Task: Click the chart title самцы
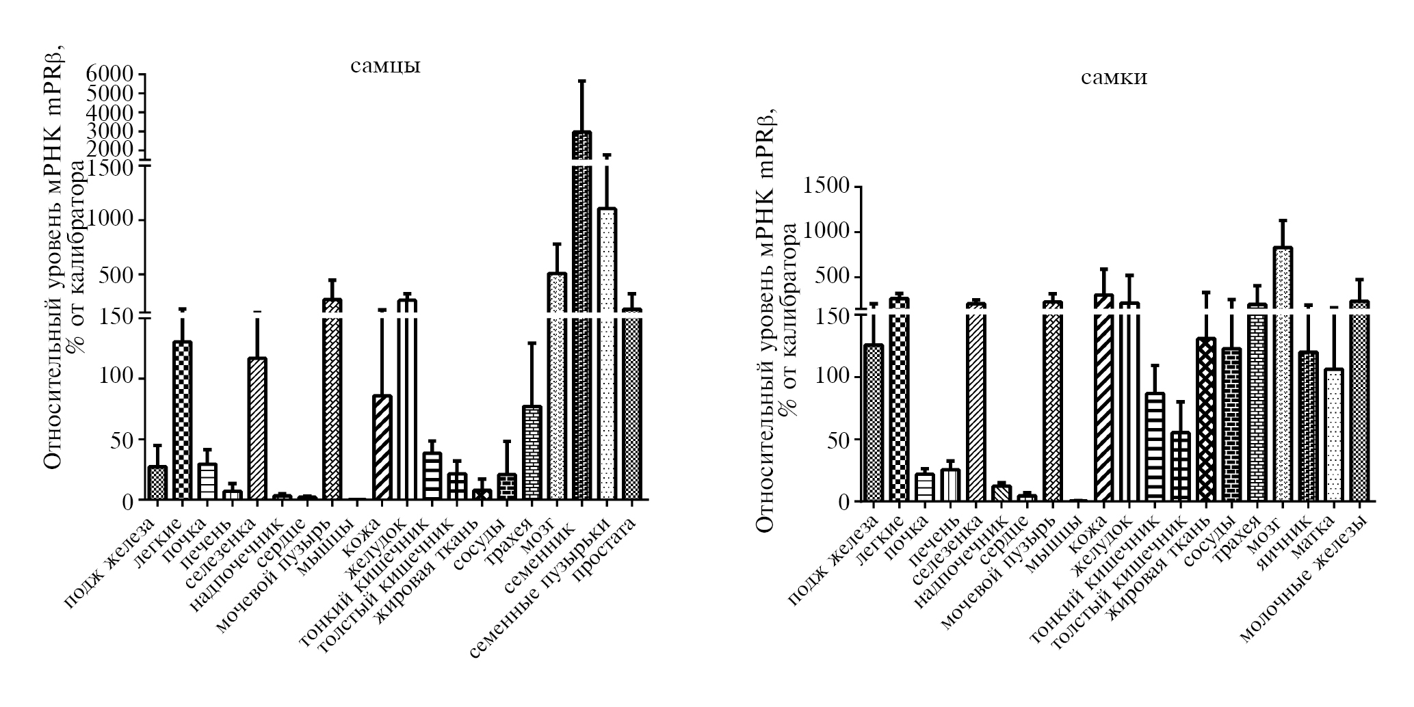385,66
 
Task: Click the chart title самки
1114,78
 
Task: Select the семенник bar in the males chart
581,315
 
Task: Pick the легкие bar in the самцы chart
182,420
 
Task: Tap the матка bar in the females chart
1334,435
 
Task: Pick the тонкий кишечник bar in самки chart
1155,447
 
